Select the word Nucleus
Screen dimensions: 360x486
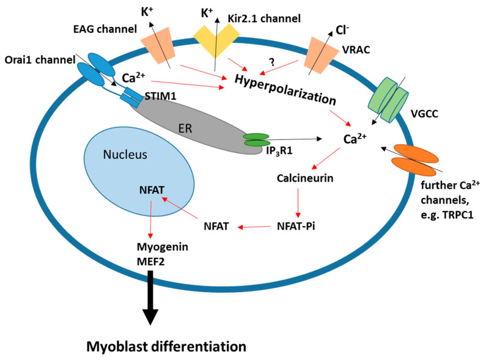(125, 155)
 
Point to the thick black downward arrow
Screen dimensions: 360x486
(150, 299)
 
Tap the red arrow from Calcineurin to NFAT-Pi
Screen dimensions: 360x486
(298, 203)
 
